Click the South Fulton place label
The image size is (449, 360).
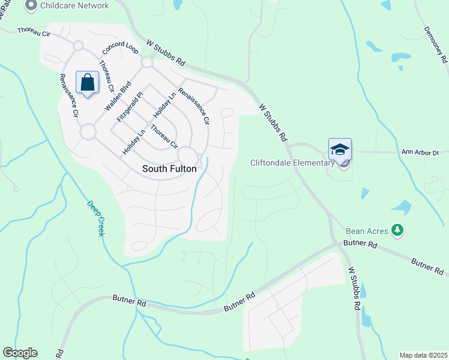tap(169, 169)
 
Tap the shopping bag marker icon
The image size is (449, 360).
tap(87, 83)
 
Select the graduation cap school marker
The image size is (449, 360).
tap(340, 149)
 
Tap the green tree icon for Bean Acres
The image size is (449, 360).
tap(396, 230)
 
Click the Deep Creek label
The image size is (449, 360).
tap(95, 217)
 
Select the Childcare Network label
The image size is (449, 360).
tap(74, 5)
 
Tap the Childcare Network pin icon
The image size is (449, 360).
tap(31, 5)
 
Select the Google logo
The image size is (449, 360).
tap(20, 353)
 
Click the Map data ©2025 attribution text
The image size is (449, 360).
tap(423, 355)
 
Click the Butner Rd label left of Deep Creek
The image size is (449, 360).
tap(129, 301)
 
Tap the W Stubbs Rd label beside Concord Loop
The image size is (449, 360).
tap(166, 53)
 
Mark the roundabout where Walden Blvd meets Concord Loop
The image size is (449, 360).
tap(146, 62)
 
